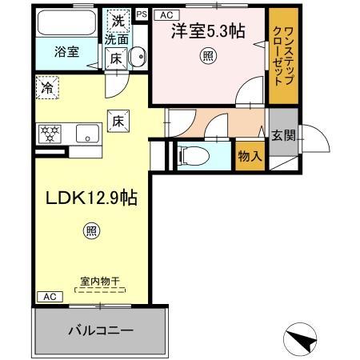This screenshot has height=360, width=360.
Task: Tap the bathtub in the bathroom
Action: coord(67,22)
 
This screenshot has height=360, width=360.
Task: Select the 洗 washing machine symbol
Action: coord(118,22)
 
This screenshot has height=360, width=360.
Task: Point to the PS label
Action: coord(142,14)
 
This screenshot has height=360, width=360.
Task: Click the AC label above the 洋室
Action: coord(166,14)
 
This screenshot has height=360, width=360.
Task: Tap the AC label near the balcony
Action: coord(48,296)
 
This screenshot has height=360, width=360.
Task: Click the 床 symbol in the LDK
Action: coord(117,120)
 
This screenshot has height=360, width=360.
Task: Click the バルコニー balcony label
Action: coord(99,329)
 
